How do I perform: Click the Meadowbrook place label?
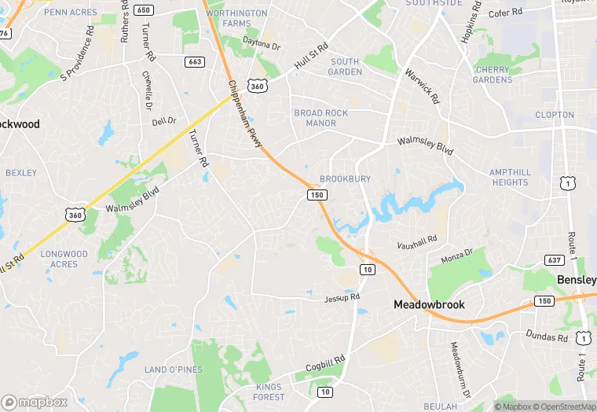(429, 304)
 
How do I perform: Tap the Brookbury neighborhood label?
(345, 179)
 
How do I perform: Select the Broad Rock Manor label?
(320, 118)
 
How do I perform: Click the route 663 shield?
(196, 61)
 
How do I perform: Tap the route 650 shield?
(143, 9)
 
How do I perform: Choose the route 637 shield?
(553, 259)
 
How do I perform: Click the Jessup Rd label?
(342, 297)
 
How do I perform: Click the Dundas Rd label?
(548, 335)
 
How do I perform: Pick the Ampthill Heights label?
(510, 177)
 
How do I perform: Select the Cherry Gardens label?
(493, 74)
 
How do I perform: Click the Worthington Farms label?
(236, 18)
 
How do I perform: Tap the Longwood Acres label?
(64, 259)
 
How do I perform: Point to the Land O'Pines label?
(174, 370)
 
